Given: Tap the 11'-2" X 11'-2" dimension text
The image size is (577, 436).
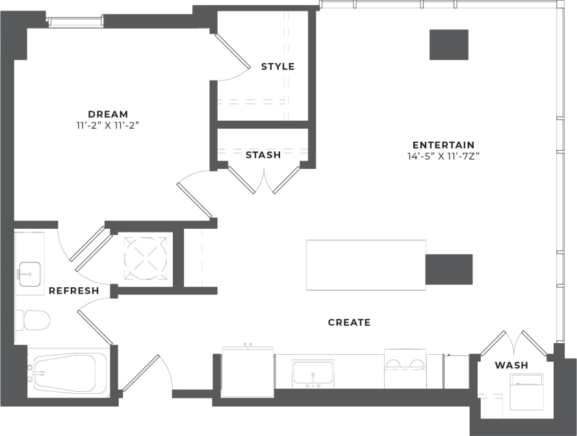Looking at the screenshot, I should click(x=109, y=125).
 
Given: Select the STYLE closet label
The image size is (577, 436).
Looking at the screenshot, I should click(x=277, y=66).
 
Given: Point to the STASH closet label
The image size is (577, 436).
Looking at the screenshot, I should click(x=263, y=155).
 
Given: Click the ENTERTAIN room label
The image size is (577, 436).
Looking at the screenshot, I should click(x=443, y=145).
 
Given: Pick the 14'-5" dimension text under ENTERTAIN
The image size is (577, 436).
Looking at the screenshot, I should click(x=443, y=156).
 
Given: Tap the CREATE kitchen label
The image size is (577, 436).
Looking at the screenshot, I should click(x=349, y=322).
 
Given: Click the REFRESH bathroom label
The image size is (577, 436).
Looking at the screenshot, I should click(x=73, y=290).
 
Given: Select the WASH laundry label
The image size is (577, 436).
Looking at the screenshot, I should click(x=511, y=365).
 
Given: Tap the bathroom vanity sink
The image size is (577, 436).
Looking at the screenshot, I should click(x=29, y=273).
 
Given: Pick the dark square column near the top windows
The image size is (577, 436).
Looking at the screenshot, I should click(x=448, y=45).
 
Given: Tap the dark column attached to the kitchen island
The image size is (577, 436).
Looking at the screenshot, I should click(x=448, y=269).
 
